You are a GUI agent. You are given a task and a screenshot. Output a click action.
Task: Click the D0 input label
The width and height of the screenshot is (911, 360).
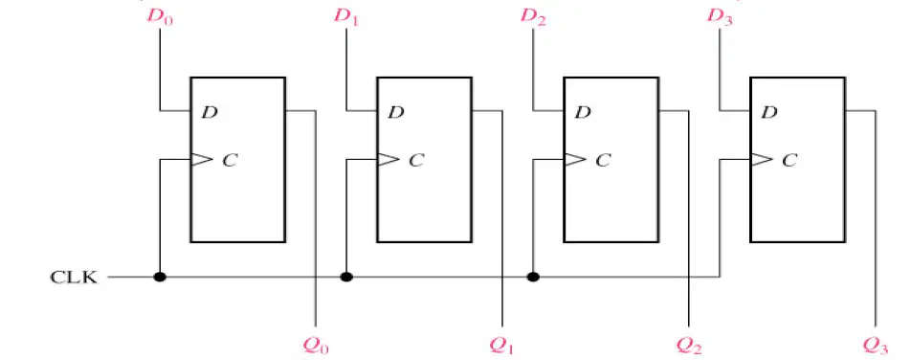(x=160, y=16)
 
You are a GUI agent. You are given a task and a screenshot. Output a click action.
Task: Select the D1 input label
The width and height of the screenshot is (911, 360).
(x=346, y=16)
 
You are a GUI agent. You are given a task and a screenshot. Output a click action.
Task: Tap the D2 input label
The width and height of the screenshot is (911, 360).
(x=533, y=16)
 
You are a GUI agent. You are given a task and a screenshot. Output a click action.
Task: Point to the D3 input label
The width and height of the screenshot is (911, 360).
(x=720, y=16)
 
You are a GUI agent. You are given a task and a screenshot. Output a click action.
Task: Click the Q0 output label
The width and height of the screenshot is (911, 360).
(x=316, y=346)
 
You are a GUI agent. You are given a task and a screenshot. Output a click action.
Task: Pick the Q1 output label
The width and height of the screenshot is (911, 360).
(x=502, y=346)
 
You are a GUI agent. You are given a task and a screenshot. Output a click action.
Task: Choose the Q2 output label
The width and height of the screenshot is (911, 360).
(x=689, y=346)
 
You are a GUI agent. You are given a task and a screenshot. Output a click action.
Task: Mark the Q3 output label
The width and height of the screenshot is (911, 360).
(x=876, y=346)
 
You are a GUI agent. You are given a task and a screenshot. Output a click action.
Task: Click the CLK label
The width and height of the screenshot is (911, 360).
(x=75, y=278)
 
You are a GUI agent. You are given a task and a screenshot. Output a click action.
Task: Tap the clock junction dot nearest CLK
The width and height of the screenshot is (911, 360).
(x=160, y=277)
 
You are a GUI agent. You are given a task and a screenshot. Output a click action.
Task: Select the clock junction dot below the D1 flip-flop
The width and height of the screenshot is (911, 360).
(x=346, y=277)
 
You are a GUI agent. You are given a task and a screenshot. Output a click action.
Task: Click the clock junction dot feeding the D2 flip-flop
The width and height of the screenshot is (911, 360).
(x=533, y=277)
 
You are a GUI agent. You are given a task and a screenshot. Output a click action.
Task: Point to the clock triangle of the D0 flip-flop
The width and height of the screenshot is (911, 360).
(x=202, y=159)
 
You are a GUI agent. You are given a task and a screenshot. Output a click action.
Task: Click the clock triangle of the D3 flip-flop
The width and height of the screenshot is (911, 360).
(x=762, y=159)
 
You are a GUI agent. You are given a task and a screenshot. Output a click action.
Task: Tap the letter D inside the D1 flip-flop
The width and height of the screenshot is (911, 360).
(x=395, y=112)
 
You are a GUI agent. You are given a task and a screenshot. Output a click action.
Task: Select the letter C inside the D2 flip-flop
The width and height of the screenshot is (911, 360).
(x=604, y=160)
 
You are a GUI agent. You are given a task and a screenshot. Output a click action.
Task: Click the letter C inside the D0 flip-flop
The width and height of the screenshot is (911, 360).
(x=231, y=160)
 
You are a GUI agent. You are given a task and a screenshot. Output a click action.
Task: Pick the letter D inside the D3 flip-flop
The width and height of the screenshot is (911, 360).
(x=769, y=112)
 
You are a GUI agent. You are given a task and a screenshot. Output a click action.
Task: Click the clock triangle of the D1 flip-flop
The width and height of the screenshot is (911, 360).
(x=389, y=159)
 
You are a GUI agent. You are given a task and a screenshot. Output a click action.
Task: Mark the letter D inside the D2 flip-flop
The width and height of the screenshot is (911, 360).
(x=583, y=112)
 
